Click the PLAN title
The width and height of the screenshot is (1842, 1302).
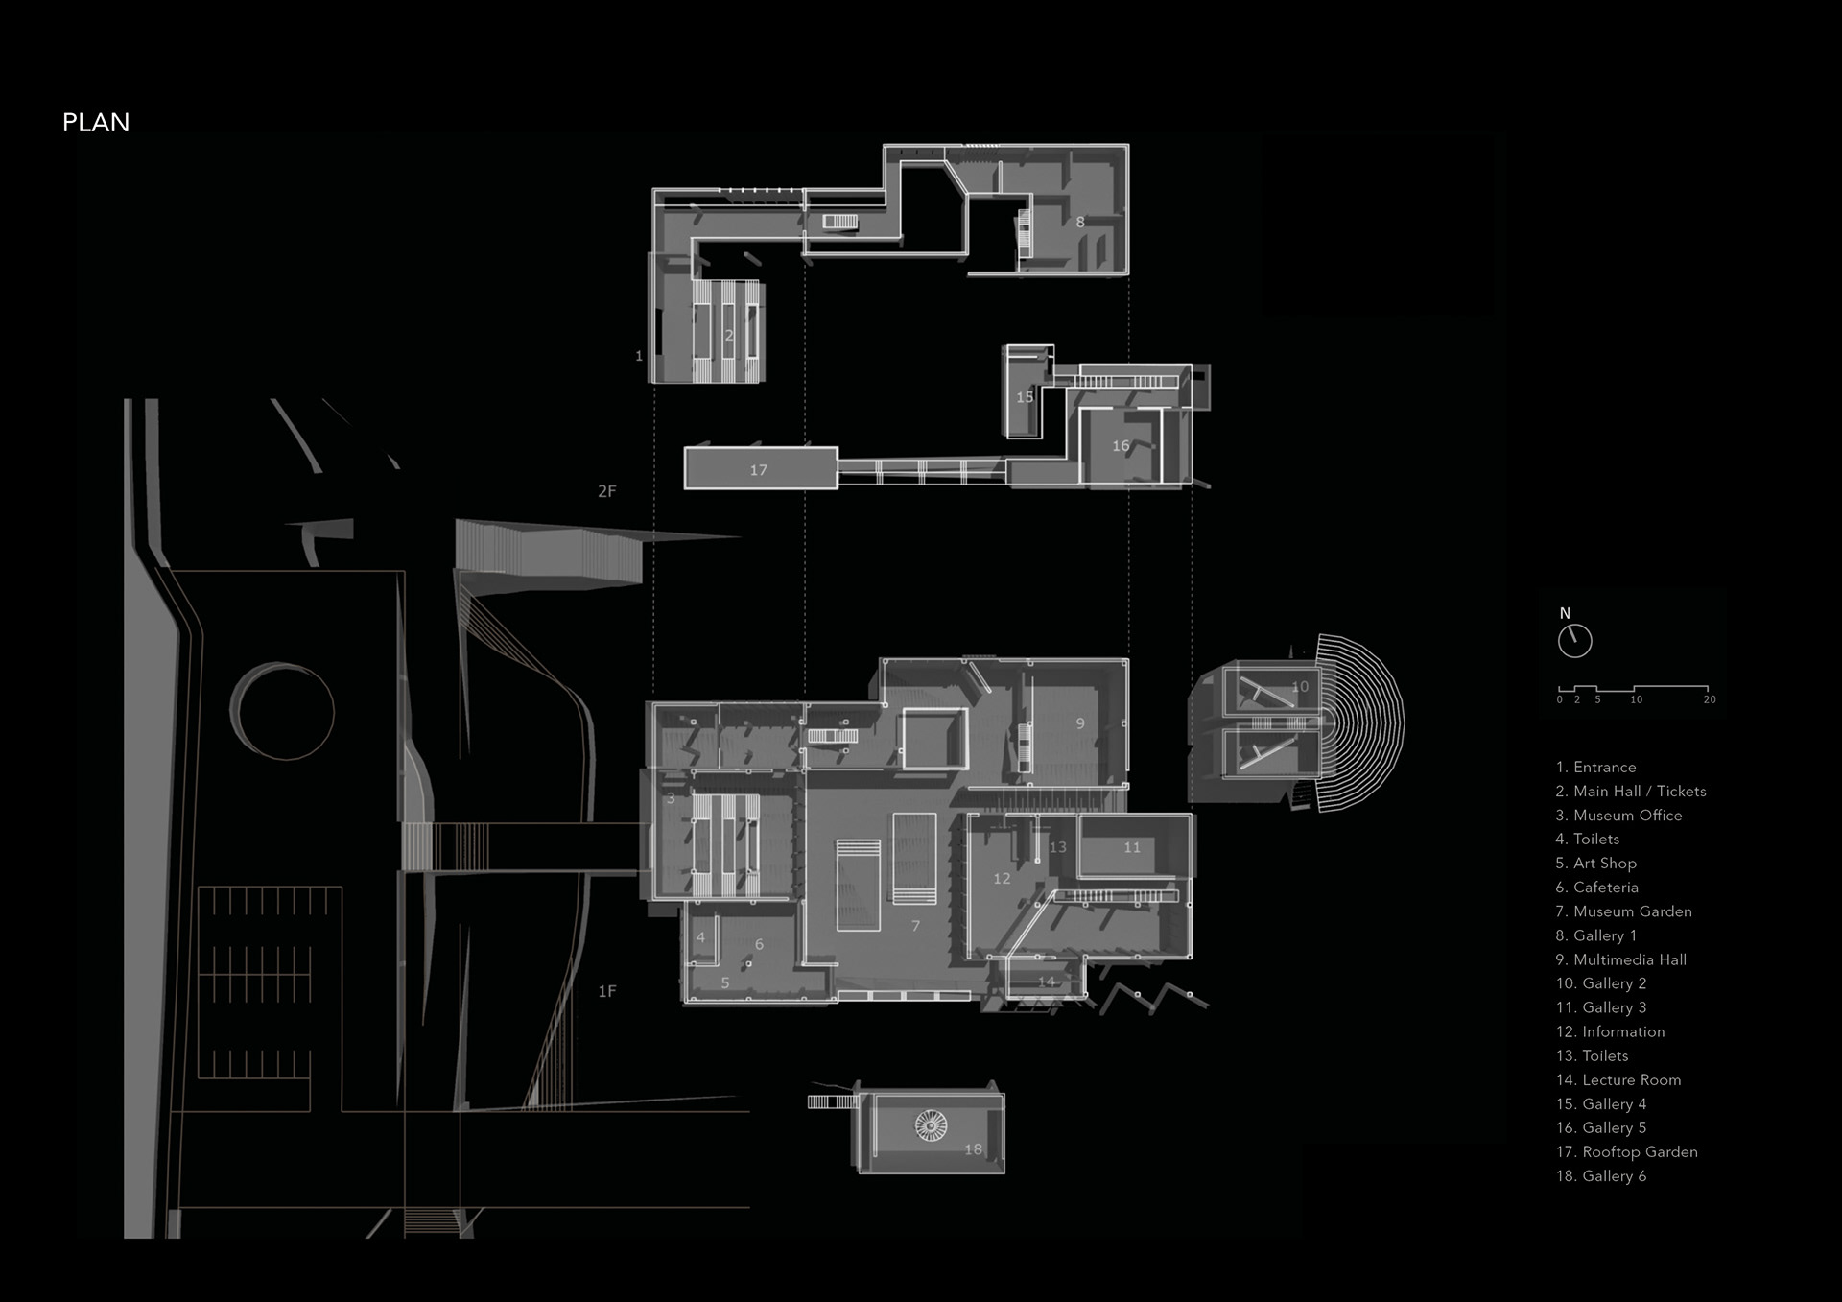click(96, 123)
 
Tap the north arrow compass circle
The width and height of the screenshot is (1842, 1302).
click(1574, 641)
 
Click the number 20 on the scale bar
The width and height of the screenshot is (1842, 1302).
click(1710, 699)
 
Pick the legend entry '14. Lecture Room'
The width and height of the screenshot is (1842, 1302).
click(1618, 1079)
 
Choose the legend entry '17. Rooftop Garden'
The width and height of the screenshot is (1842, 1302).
click(1626, 1151)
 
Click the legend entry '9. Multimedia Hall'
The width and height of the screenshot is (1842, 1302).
click(1620, 959)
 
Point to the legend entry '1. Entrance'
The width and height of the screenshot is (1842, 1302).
click(1595, 767)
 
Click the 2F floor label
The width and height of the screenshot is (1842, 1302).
click(606, 491)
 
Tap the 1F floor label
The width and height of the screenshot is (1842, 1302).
click(606, 991)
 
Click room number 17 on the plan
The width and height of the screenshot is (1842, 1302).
click(758, 470)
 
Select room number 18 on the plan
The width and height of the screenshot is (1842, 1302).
click(973, 1149)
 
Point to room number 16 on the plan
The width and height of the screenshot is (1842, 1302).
click(1121, 446)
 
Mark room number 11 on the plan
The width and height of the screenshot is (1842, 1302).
click(1132, 847)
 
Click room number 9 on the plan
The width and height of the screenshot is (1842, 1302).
click(1080, 723)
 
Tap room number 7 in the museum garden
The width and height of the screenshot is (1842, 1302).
click(915, 926)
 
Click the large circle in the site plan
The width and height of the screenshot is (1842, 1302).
click(286, 712)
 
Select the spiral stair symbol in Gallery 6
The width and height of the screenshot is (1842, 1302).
click(931, 1124)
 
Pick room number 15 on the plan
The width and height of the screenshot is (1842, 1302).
click(1025, 397)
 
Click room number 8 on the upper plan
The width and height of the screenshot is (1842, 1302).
click(1080, 223)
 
